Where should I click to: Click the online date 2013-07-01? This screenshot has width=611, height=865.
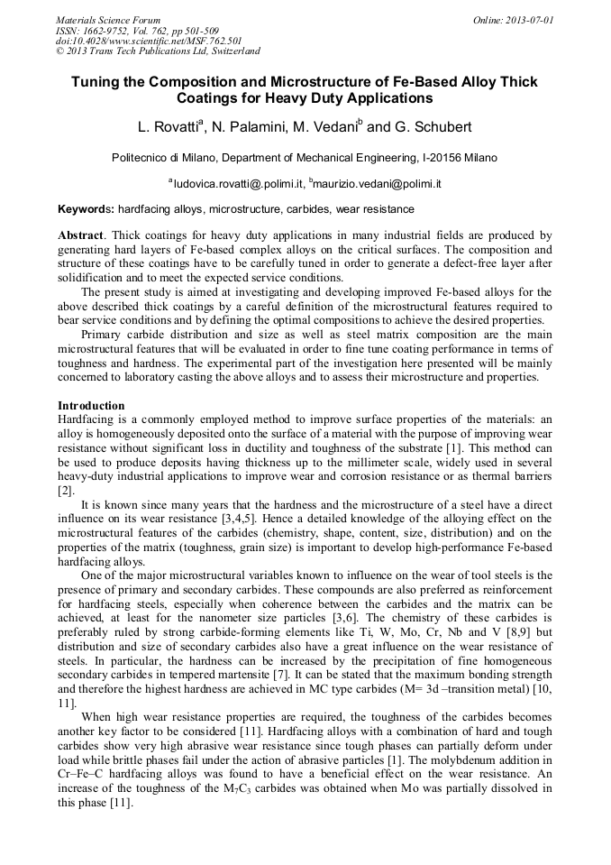click(x=531, y=20)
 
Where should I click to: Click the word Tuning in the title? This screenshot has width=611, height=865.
click(x=97, y=82)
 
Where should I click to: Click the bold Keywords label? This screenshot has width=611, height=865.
click(x=86, y=209)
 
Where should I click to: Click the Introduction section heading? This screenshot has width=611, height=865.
click(x=91, y=406)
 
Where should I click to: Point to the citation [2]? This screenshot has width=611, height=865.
click(x=65, y=491)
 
